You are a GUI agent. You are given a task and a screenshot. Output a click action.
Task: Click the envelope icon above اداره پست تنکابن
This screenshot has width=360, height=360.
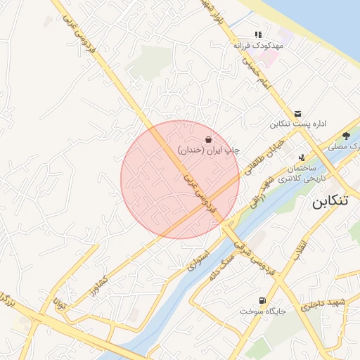point(298,114)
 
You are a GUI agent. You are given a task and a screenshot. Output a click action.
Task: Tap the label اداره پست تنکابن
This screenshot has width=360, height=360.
point(298,124)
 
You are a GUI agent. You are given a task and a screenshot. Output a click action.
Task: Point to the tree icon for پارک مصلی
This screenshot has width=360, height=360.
point(346,136)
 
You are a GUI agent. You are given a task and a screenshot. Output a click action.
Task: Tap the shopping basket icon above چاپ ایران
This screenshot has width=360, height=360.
point(208,139)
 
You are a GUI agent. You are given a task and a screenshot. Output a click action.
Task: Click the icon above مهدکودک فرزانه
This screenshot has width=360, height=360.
point(258,34)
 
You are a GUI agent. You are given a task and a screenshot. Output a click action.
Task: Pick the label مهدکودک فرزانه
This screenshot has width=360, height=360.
point(258,44)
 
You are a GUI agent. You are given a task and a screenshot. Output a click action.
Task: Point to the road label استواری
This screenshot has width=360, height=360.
point(199,260)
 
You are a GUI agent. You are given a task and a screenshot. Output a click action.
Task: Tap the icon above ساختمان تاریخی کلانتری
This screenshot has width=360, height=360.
point(302,158)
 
